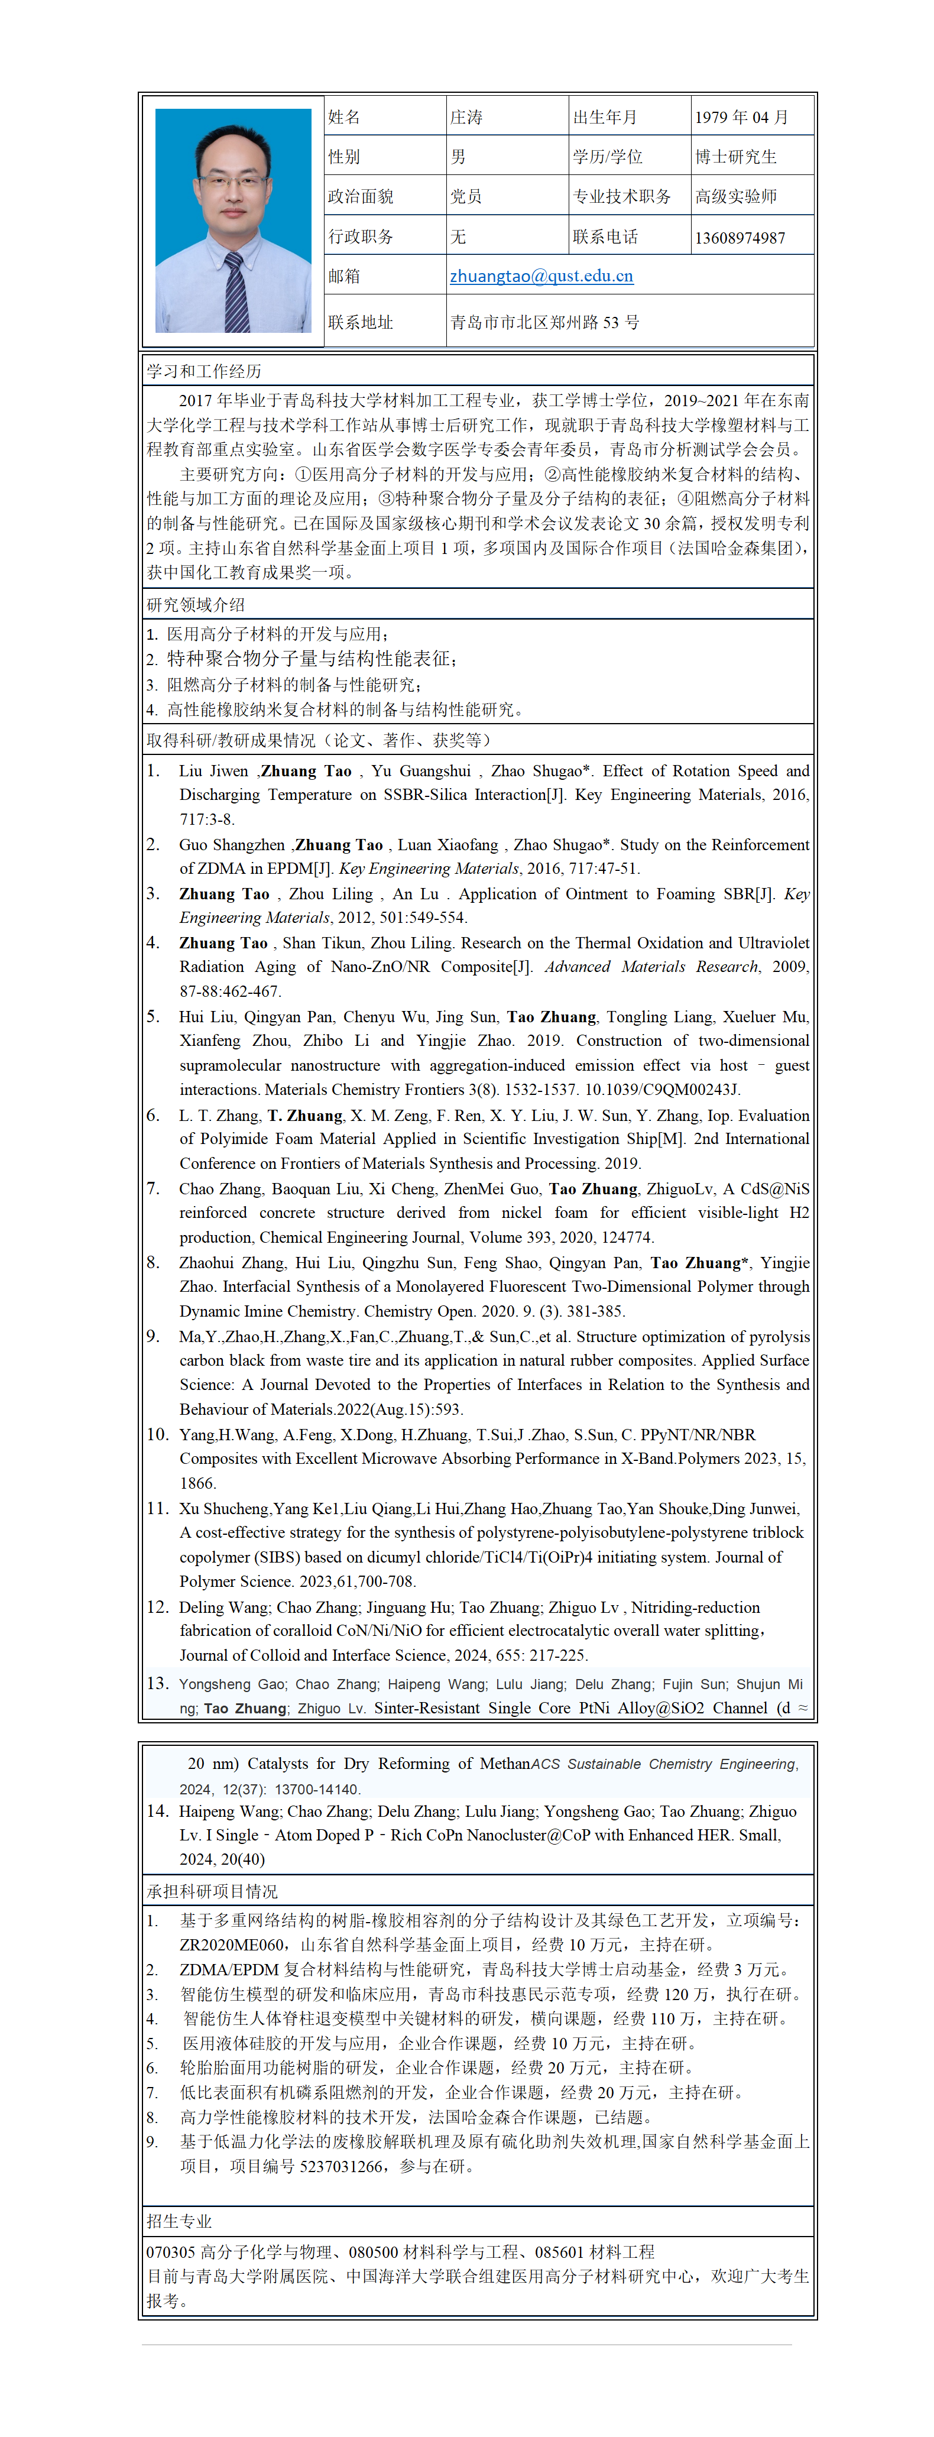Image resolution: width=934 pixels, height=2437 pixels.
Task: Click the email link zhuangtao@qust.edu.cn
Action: [541, 276]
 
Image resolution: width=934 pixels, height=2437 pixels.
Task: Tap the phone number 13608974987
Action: [740, 238]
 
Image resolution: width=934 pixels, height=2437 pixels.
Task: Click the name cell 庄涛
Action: [466, 117]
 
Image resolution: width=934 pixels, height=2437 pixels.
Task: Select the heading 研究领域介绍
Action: [196, 604]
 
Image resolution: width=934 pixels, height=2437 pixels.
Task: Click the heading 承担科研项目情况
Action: [212, 1892]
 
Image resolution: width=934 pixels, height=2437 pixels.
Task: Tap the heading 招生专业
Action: [179, 2221]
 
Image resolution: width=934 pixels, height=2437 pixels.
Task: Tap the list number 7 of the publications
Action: [153, 1188]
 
